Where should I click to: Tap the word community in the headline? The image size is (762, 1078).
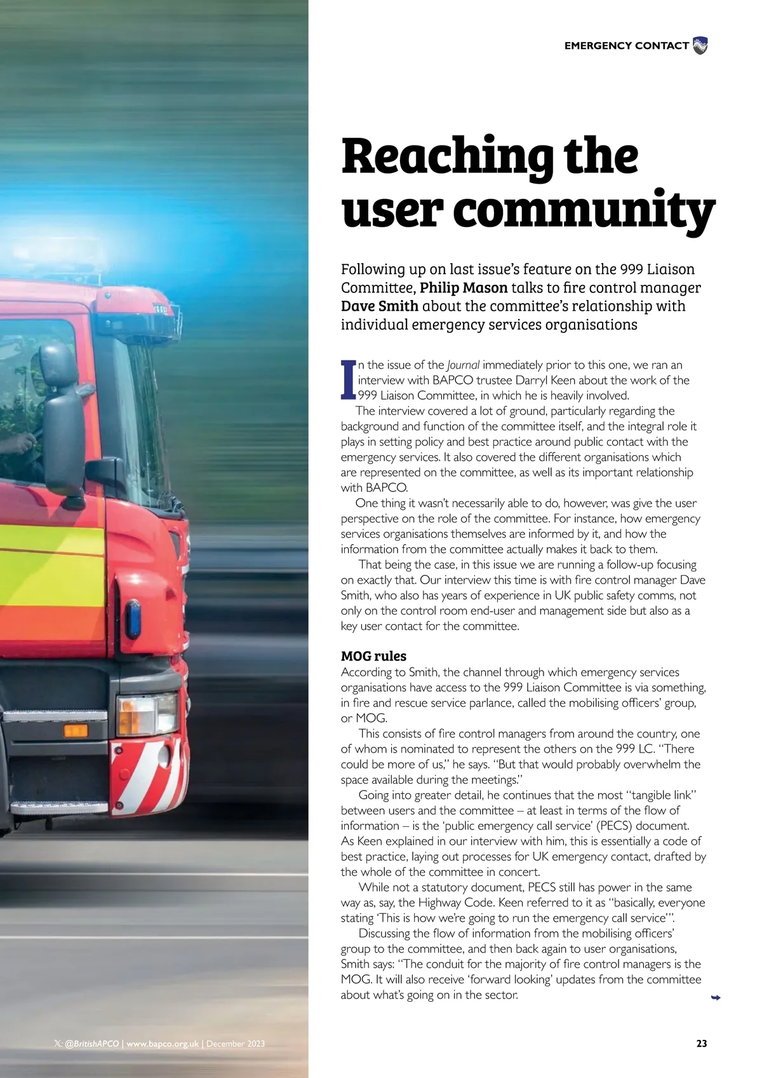[584, 210]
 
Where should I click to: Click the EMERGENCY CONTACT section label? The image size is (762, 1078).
[626, 46]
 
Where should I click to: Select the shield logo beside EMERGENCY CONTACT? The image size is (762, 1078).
[700, 46]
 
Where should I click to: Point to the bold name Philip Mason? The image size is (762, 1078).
[464, 288]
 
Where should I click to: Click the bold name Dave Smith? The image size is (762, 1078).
[379, 306]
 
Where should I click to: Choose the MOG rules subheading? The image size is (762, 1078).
[373, 656]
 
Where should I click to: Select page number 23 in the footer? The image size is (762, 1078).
[701, 1044]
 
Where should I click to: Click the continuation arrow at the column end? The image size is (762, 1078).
[716, 998]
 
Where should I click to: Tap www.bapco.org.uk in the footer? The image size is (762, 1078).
[163, 1044]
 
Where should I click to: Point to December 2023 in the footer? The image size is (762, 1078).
[235, 1044]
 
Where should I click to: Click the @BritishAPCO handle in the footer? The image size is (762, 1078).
[91, 1044]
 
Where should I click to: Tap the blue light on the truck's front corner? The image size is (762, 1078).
[133, 618]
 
